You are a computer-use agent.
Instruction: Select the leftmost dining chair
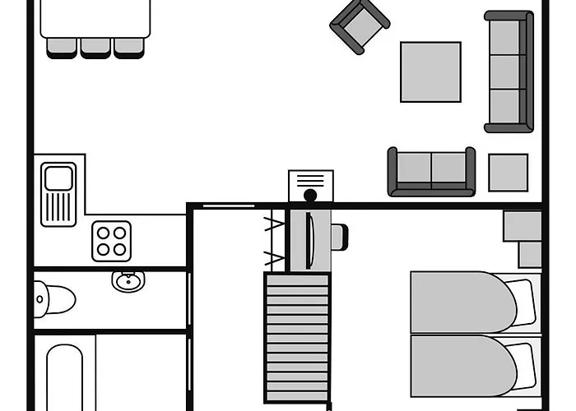point(62,48)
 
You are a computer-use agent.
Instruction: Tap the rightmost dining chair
point(128,48)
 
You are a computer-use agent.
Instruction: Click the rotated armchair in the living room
point(360,26)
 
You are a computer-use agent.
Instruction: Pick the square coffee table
point(430,72)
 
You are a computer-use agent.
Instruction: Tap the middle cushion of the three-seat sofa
point(505,72)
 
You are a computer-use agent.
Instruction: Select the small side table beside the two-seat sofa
point(508,172)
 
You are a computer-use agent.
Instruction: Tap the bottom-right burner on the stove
point(121,249)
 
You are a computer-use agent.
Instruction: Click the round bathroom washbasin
point(127,282)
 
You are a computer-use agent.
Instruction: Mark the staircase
point(296,337)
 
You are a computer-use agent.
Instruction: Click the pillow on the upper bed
point(521,300)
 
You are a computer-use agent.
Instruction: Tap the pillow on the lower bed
point(521,362)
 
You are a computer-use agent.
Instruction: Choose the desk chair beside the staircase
point(338,237)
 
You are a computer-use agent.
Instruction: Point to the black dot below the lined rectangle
point(310,196)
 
